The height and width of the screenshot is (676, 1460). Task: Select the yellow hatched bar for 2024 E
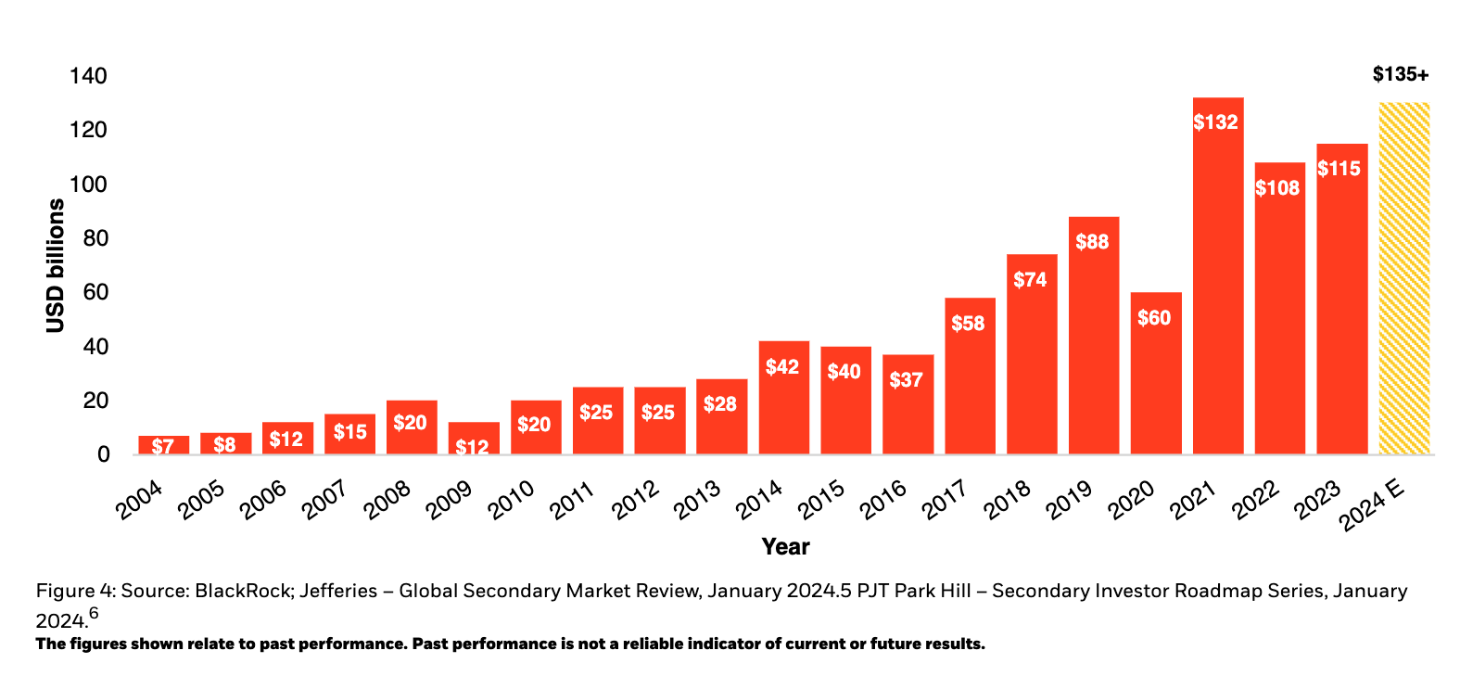pyautogui.click(x=1403, y=278)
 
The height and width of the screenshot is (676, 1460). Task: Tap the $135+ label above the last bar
pyautogui.click(x=1400, y=74)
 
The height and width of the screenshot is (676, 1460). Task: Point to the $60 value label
pyautogui.click(x=1154, y=318)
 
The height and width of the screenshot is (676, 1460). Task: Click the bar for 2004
pyautogui.click(x=163, y=445)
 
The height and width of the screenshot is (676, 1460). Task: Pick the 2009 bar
pyautogui.click(x=473, y=438)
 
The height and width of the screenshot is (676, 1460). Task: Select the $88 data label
pyautogui.click(x=1092, y=242)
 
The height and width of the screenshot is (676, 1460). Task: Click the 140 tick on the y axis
pyautogui.click(x=88, y=76)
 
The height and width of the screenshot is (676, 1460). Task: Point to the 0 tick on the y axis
pyautogui.click(x=103, y=454)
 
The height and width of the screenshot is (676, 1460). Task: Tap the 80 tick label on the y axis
pyautogui.click(x=95, y=238)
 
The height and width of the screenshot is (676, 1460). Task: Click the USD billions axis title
pyautogui.click(x=56, y=265)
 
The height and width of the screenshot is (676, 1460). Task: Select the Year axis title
pyautogui.click(x=785, y=547)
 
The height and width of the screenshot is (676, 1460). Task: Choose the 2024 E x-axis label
pyautogui.click(x=1372, y=505)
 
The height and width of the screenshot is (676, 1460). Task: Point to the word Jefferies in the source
pyautogui.click(x=338, y=591)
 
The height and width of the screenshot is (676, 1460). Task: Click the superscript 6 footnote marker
pyautogui.click(x=94, y=613)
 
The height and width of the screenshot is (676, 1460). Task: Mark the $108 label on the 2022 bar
pyautogui.click(x=1277, y=188)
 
